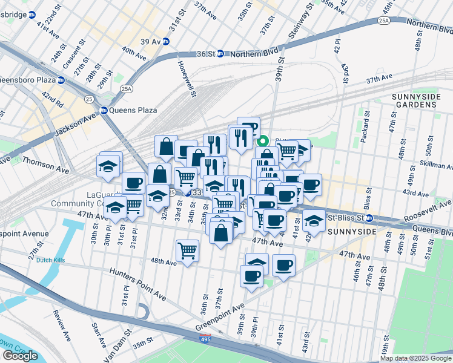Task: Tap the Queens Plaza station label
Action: [130, 110]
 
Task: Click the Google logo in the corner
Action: [20, 356]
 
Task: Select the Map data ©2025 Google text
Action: [415, 358]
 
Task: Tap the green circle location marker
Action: [264, 143]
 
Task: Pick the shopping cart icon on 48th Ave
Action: [188, 249]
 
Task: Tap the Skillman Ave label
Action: [432, 165]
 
